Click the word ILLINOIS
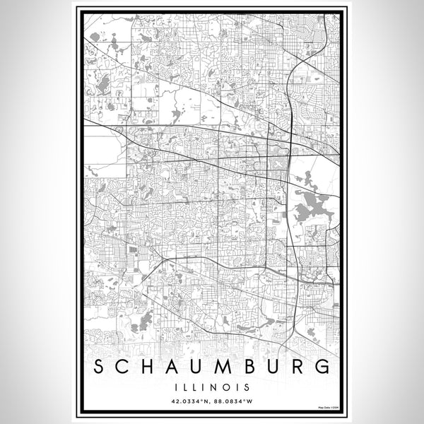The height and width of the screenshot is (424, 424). coord(212,387)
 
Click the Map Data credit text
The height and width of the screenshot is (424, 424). coord(328,407)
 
